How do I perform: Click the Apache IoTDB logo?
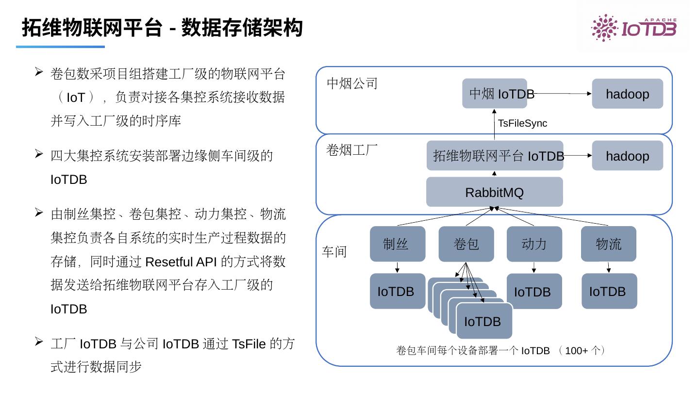point(633,28)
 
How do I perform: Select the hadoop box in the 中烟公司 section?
point(627,94)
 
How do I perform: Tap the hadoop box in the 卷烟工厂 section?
point(627,156)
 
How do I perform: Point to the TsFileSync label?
point(522,123)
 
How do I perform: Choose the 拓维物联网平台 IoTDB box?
point(495,156)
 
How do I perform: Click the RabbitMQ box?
point(494,192)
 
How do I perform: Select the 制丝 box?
point(397,244)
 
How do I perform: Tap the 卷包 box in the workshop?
point(466,244)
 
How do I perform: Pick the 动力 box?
point(534,244)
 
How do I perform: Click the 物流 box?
point(608,244)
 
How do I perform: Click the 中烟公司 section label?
point(352,83)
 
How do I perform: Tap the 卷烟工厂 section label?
point(352,150)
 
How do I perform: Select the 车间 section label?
point(334,252)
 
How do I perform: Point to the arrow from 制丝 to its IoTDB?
point(397,267)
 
